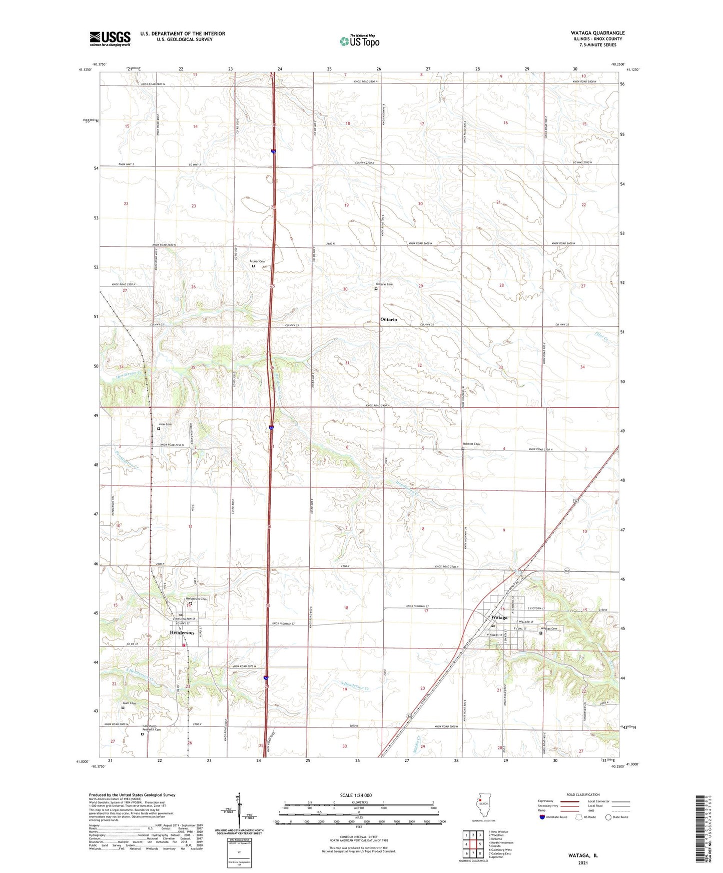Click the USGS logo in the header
(110, 38)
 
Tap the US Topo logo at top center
(359, 41)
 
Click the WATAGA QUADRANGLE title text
(597, 33)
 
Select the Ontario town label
(388, 319)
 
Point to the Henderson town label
(182, 632)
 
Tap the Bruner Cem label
(257, 261)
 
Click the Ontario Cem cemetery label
(385, 284)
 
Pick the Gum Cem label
(129, 703)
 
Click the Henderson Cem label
(196, 598)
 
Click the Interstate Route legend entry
(556, 817)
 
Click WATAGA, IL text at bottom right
(583, 855)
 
